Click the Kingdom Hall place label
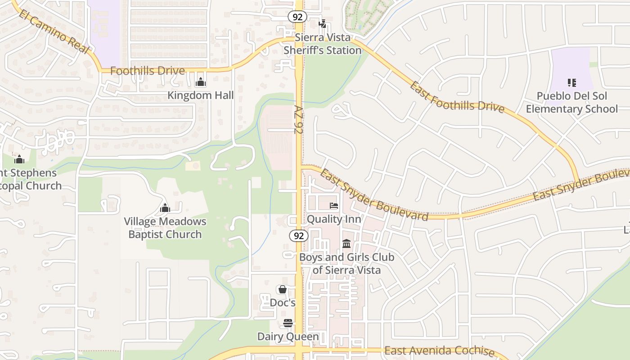pos(201,95)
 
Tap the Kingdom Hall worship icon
pos(201,82)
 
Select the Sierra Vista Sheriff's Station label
pos(323,44)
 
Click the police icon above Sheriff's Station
pos(322,24)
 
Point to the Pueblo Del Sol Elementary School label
pos(572,103)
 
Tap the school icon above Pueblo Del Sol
pos(572,83)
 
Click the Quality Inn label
pos(334,219)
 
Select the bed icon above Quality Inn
pos(334,206)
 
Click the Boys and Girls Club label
pos(346,264)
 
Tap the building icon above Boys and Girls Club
pos(346,244)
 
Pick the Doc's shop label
pos(283,302)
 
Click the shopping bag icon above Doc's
pos(283,289)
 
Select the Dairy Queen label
pos(288,337)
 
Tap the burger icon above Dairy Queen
pos(288,323)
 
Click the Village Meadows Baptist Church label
pos(165,228)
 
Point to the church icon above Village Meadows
pos(165,208)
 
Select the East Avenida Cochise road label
pos(440,351)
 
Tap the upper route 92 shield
pos(297,17)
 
